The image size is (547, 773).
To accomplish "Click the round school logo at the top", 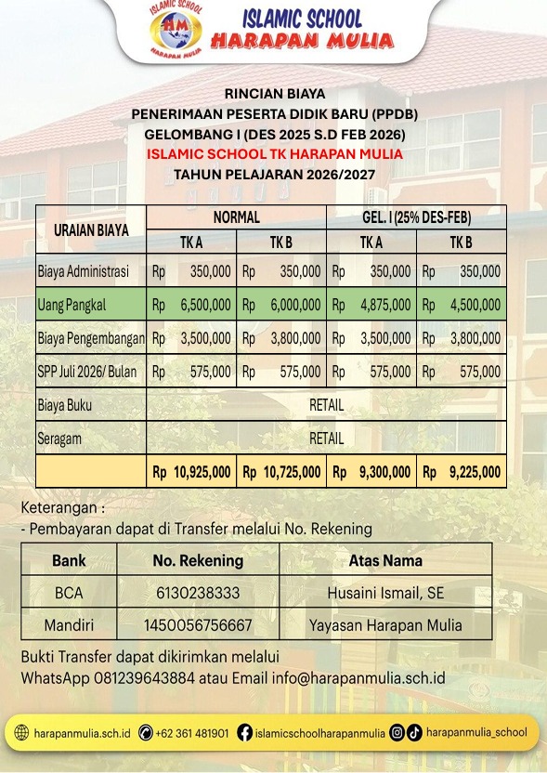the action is pos(180,31).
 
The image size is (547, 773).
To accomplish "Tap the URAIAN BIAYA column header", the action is pos(91,229).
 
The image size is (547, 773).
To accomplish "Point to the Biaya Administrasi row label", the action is pos(84,272).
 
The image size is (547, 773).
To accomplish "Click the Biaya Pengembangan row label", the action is pos(91,338).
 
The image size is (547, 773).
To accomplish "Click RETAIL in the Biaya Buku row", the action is pos(326,405).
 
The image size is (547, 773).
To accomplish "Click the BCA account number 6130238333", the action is pos(198,593).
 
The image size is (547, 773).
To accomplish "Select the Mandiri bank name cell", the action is pos(69,624).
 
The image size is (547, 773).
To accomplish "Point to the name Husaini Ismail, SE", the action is pos(385,593).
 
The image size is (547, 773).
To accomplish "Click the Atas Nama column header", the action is pos(385,560).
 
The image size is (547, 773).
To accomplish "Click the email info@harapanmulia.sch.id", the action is pos(358,677).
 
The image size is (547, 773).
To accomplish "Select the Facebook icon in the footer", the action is pos(245,733).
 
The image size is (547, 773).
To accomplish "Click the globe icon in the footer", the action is pos(23,733).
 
